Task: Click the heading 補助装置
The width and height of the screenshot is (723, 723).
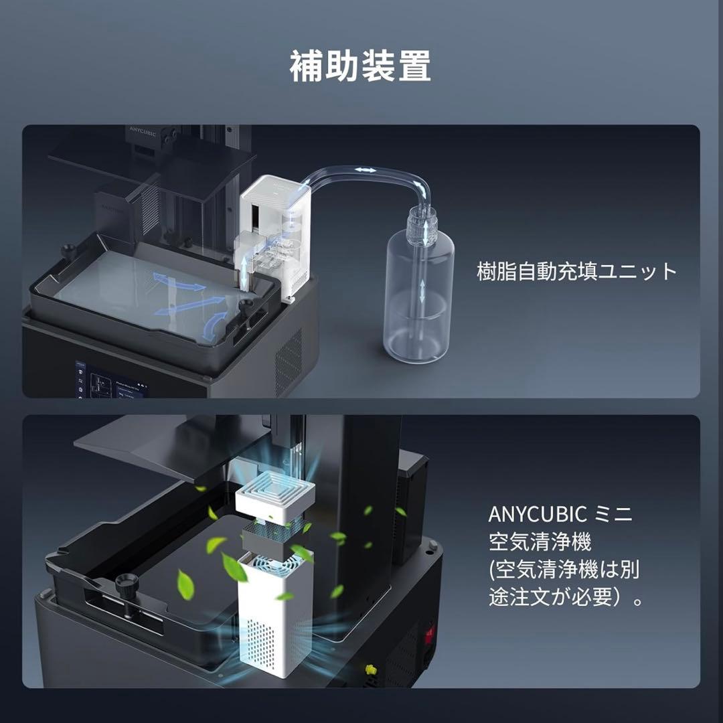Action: (x=361, y=66)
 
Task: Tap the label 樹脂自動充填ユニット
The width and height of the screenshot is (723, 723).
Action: (x=576, y=271)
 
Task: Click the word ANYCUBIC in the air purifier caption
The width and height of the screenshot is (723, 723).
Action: (x=537, y=514)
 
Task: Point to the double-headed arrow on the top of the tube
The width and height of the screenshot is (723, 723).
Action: (x=366, y=170)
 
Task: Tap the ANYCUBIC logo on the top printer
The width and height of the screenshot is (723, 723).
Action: (x=143, y=131)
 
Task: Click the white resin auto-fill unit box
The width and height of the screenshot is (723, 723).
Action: (x=275, y=234)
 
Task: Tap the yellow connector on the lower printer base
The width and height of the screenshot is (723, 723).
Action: (x=370, y=669)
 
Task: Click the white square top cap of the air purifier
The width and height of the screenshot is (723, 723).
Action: (x=275, y=499)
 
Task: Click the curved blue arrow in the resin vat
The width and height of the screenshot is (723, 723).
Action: (x=214, y=325)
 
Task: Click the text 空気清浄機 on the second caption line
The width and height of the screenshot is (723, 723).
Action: (x=540, y=542)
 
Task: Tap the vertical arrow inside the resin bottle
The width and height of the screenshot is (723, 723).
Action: (x=422, y=291)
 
